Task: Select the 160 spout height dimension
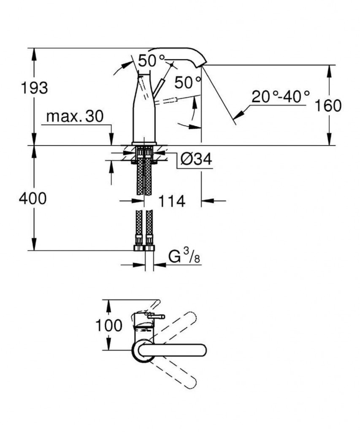tap(328, 106)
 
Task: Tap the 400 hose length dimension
tap(33, 198)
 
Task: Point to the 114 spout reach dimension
tap(172, 201)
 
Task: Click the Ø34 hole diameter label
tap(196, 159)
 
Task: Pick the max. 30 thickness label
tap(75, 116)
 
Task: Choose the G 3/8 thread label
tap(184, 258)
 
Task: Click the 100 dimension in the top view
tap(108, 325)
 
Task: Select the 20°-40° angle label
tap(281, 97)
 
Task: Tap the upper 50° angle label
tap(152, 61)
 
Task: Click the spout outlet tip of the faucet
tap(201, 65)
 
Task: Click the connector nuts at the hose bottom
tap(144, 248)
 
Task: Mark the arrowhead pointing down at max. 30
tap(111, 139)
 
